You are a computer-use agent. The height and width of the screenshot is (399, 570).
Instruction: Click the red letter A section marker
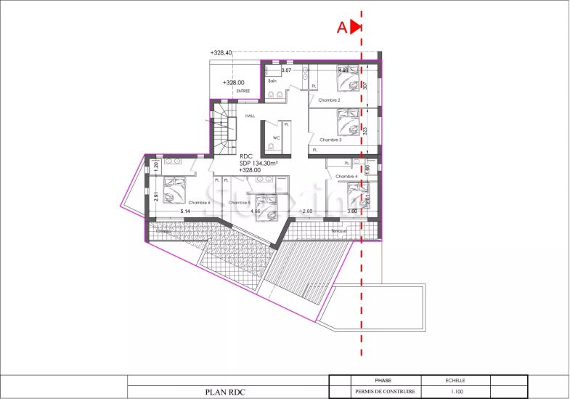coord(341,28)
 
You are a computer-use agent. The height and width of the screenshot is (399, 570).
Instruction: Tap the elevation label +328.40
coord(221,53)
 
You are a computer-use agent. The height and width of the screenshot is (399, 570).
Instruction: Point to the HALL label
coord(250,116)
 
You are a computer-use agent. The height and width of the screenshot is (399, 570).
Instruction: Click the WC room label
coord(276,137)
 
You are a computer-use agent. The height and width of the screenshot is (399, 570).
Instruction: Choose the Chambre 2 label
coord(329,100)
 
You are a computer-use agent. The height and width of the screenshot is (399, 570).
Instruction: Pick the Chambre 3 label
coord(330,140)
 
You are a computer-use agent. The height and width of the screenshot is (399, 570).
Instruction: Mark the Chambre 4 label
coord(346,177)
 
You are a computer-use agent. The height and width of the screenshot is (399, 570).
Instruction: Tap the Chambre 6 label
coord(199,203)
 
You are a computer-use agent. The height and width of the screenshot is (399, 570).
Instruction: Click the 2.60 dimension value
coord(307,211)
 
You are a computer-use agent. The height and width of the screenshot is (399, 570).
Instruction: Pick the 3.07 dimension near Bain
coord(286,70)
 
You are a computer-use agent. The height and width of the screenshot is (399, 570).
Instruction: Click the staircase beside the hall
coord(224,129)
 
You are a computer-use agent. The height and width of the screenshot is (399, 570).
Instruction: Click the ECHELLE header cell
coord(456,380)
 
